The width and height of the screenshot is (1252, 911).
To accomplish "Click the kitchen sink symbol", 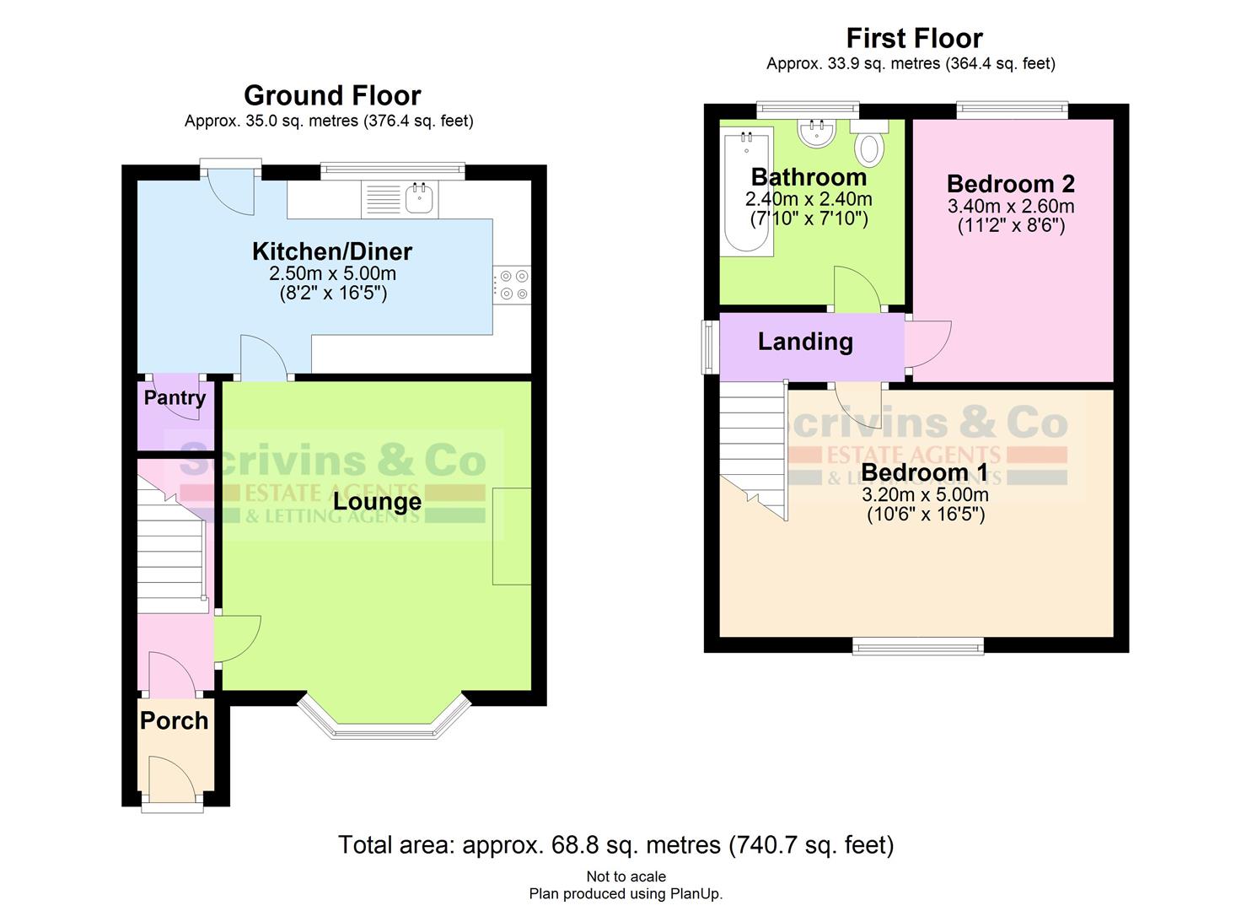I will [419, 199].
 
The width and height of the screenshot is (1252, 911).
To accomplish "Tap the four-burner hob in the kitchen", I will [511, 284].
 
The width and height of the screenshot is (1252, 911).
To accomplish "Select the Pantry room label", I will [175, 398].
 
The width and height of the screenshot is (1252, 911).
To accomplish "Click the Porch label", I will [174, 720].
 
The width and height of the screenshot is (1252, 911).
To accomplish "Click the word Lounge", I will [377, 502].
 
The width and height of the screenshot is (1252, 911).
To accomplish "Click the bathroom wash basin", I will [816, 133].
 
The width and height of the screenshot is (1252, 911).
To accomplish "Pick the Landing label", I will [805, 342].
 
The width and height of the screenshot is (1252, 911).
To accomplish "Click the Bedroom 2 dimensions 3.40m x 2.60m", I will [1010, 207].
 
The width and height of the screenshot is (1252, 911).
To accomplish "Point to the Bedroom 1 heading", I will [913, 472].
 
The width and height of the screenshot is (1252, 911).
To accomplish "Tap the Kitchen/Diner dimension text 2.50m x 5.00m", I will [332, 274].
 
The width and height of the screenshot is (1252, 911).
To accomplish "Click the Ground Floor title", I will [332, 95].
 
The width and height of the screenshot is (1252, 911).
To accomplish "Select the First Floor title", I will [914, 38].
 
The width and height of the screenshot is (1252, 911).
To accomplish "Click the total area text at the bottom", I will [615, 844].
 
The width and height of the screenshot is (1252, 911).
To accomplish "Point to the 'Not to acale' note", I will [626, 876].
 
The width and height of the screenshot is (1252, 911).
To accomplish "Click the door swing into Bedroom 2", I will [928, 344].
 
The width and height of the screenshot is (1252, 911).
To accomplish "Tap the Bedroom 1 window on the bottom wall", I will [917, 646].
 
